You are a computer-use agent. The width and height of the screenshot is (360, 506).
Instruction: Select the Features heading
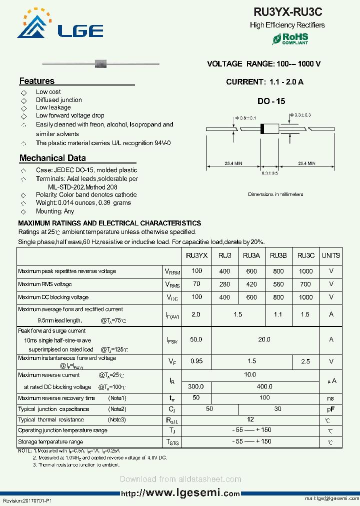[37, 81]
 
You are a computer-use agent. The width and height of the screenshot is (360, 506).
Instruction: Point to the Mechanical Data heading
[52, 158]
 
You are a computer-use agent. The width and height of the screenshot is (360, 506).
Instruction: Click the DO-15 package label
[271, 101]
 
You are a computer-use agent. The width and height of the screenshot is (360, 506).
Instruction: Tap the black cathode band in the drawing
[262, 128]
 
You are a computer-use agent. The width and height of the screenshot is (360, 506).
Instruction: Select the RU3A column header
[251, 255]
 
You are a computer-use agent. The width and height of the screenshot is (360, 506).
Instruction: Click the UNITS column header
[331, 255]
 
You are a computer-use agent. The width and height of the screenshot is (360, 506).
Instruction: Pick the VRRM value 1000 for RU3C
[305, 271]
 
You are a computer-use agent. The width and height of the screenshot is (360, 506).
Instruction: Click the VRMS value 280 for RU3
[224, 284]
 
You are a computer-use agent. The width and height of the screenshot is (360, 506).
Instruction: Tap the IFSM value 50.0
[196, 339]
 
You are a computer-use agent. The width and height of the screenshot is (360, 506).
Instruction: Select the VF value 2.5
[305, 361]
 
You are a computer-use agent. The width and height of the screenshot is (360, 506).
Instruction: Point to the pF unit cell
[331, 409]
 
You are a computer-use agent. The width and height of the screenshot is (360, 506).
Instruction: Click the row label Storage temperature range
[50, 441]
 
